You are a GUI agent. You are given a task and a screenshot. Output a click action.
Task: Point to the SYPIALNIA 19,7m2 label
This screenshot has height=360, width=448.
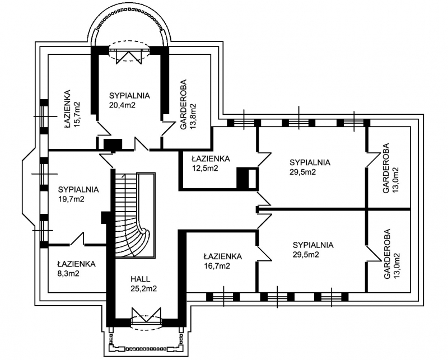click(78, 194)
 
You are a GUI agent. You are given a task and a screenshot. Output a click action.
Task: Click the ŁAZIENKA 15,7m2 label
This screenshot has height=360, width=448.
click(72, 109)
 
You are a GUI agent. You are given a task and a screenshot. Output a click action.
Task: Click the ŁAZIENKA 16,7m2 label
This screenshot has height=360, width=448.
click(222, 261)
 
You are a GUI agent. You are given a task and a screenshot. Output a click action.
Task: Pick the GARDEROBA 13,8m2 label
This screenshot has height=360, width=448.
click(189, 105)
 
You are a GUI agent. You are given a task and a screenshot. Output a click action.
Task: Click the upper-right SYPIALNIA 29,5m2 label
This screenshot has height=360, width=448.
click(310, 167)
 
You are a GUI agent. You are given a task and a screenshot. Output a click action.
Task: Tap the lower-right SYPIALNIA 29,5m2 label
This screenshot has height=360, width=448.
click(313, 250)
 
